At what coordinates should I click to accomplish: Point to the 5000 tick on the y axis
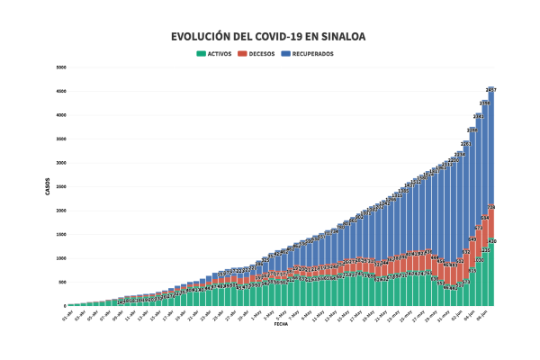(61, 67)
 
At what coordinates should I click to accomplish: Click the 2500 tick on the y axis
(61, 186)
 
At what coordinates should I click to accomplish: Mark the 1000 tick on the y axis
(61, 258)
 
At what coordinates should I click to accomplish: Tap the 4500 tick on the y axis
(61, 91)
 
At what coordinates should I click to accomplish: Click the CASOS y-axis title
(48, 186)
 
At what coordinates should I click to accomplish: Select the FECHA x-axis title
(281, 324)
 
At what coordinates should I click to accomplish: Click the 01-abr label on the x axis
(66, 314)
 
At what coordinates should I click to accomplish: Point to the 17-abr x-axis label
(168, 314)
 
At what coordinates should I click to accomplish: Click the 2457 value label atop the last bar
(491, 90)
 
